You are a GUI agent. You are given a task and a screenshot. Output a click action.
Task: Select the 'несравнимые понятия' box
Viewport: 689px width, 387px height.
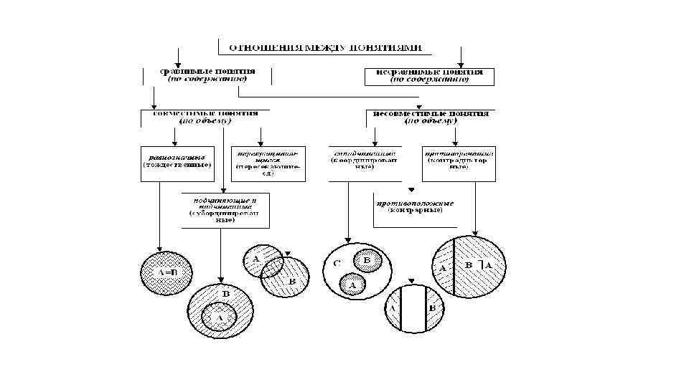click(x=429, y=75)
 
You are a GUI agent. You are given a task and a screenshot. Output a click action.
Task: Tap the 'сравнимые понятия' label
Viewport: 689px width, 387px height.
click(x=208, y=75)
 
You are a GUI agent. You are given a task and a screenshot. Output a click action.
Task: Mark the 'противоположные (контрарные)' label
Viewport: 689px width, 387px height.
click(x=416, y=207)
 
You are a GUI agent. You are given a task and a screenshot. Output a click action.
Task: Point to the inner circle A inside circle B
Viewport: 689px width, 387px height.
click(x=220, y=315)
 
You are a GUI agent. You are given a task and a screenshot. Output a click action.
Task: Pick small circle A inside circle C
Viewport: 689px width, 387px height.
click(x=352, y=284)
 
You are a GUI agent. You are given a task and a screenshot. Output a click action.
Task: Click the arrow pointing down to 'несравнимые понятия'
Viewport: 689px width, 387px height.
click(x=461, y=57)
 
